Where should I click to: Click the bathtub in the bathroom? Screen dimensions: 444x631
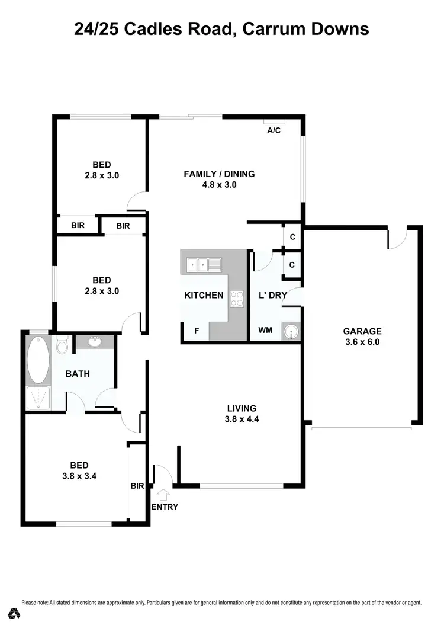tap(38, 359)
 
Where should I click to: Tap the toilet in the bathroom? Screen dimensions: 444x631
tap(62, 344)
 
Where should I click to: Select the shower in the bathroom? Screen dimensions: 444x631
tap(38, 398)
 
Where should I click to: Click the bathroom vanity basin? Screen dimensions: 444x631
tap(95, 342)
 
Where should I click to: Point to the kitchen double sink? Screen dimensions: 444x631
tap(204, 265)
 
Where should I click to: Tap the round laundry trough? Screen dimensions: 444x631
tap(291, 332)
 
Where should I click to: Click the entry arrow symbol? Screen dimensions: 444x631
tap(163, 495)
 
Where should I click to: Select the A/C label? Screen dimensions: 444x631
tap(274, 130)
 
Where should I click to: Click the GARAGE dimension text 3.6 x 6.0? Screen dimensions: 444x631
tap(362, 342)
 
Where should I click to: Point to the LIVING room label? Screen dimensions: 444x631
tap(242, 408)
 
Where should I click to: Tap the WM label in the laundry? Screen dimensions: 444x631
tap(265, 330)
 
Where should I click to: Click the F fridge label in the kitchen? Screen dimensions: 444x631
tap(197, 331)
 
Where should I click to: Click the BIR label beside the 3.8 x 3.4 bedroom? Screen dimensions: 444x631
tap(137, 486)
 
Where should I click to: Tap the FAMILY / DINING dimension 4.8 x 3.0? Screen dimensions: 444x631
tap(219, 185)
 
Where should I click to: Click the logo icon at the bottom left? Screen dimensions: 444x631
tap(15, 613)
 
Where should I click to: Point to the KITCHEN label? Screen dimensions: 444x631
tap(204, 295)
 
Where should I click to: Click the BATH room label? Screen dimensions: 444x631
tap(78, 373)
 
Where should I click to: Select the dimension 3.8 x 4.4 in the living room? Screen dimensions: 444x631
tap(242, 419)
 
